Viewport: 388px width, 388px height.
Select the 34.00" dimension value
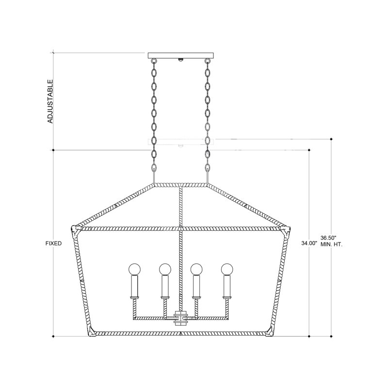coord(309,244)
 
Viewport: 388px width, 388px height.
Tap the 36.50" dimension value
coord(328,238)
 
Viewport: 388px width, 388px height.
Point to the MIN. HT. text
coord(332,244)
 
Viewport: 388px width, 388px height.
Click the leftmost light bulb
coord(134,268)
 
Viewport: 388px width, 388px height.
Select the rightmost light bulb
coord(226,268)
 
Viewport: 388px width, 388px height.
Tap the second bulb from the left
coord(165,268)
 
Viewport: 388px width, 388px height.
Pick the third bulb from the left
coord(196,268)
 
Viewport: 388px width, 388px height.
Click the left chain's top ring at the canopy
coord(154,62)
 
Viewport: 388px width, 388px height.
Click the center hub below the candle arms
coord(180,319)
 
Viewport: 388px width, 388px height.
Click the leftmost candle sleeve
coord(134,287)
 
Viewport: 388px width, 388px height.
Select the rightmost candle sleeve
coord(226,287)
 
